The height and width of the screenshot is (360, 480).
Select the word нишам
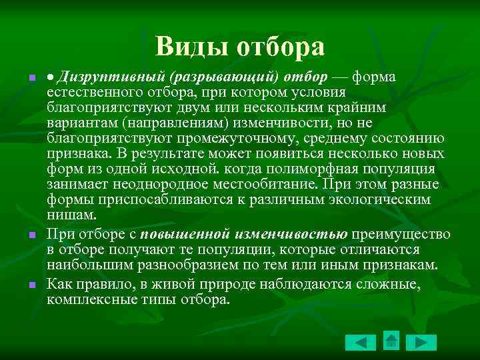72,215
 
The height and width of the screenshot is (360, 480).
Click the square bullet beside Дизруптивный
32,79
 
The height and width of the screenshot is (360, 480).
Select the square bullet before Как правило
32,285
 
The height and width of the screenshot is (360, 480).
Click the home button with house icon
391,341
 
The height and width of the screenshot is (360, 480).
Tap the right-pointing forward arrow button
421,343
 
